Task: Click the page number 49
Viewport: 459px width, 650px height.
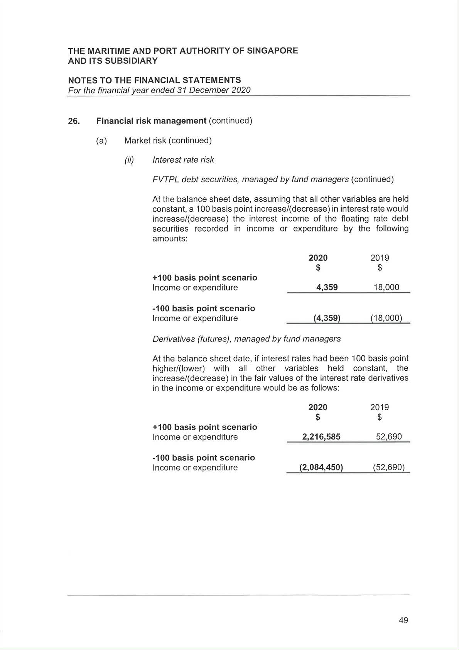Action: pos(403,620)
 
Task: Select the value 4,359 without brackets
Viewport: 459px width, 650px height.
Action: pos(327,287)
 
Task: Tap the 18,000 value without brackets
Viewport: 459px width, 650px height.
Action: pos(386,287)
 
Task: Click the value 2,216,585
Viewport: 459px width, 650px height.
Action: pos(321,437)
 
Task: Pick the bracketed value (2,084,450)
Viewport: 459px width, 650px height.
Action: pos(321,467)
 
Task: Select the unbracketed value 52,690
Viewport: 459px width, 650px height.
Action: pos(389,437)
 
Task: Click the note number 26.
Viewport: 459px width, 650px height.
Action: pos(74,121)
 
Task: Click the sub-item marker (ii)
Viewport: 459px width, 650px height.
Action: pos(129,160)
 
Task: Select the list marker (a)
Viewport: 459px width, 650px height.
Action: pos(101,141)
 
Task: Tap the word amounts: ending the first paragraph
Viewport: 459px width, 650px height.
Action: pos(170,239)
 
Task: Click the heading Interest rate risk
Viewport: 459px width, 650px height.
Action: pos(183,160)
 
